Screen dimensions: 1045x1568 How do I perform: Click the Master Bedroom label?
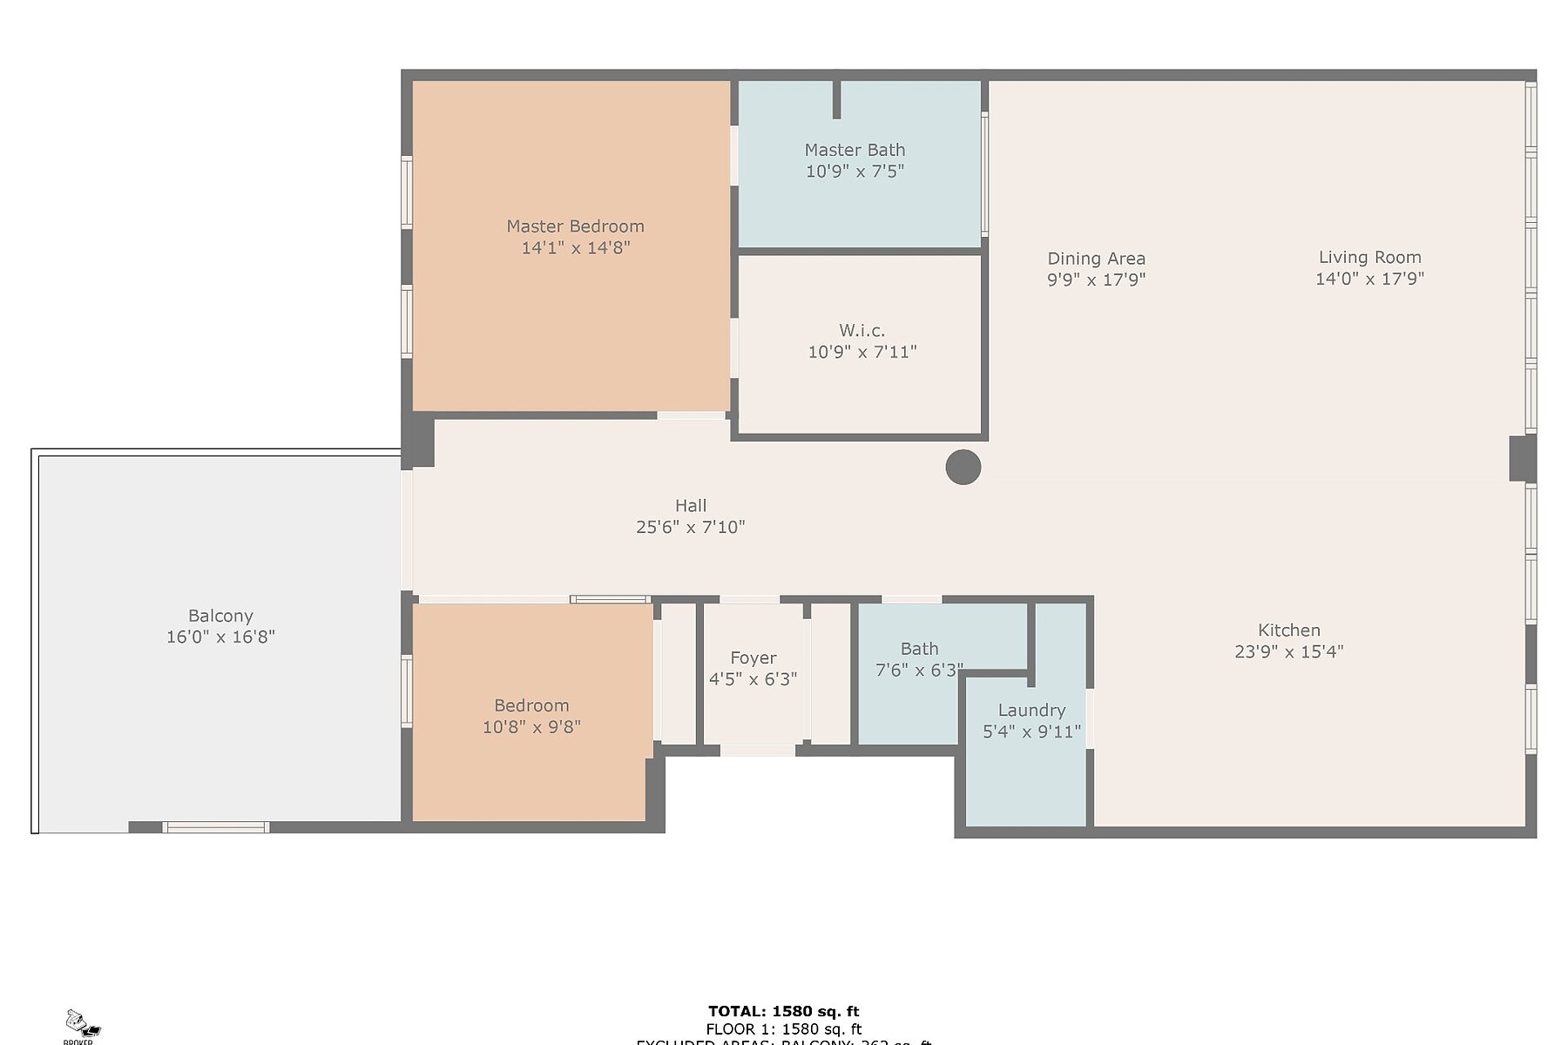tap(575, 226)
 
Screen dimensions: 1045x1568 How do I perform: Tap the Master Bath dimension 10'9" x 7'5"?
tap(855, 172)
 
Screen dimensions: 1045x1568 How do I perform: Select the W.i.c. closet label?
tap(862, 331)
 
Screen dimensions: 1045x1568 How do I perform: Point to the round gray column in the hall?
tap(963, 468)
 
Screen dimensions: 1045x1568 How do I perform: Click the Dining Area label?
tap(1096, 259)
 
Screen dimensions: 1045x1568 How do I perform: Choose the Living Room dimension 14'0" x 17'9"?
tap(1369, 279)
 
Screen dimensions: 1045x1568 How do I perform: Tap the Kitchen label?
tap(1288, 630)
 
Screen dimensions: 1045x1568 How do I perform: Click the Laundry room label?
tap(1031, 711)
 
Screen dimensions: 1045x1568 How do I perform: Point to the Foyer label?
tap(753, 658)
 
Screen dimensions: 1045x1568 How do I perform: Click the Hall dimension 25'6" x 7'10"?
tap(690, 527)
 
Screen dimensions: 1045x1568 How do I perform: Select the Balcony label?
tap(220, 616)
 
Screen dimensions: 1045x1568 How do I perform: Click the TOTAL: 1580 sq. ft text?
tap(783, 1011)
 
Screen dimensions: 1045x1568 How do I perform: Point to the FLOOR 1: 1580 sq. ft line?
tap(783, 1029)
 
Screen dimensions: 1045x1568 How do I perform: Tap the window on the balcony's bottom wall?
tap(216, 827)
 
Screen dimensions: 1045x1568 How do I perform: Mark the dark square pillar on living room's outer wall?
tap(1522, 458)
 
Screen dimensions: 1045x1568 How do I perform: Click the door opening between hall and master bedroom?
tap(691, 415)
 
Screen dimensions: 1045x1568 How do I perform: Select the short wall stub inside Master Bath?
tap(836, 99)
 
